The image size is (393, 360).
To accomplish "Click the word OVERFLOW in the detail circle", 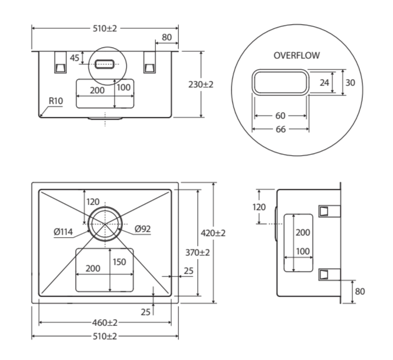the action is (297, 55).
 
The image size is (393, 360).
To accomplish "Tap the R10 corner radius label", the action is (56, 101).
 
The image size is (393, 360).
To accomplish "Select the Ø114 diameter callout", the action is (63, 232).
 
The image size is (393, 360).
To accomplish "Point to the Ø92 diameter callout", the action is (143, 229).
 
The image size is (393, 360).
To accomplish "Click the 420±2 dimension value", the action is (213, 233).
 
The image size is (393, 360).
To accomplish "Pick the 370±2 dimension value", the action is (198, 252).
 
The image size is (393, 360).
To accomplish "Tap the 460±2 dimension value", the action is (105, 323).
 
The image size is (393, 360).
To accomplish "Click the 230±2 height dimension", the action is (201, 85).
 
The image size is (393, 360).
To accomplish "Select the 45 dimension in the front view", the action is (75, 58).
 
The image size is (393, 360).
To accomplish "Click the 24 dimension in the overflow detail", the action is (324, 82).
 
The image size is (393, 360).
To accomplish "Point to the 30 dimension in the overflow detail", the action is (350, 82).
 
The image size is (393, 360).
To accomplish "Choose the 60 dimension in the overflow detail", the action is (280, 116).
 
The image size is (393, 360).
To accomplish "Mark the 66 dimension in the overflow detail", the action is (280, 129).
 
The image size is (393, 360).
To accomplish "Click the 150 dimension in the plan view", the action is (119, 262).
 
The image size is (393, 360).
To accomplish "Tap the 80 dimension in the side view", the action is (360, 291).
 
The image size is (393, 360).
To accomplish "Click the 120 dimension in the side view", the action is (259, 207).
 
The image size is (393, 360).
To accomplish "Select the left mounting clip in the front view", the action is (60, 62).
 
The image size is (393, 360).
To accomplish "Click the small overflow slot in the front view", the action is (105, 64).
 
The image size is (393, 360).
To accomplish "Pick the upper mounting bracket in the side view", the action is (329, 211).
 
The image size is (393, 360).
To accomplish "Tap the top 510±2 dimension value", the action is (105, 29).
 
